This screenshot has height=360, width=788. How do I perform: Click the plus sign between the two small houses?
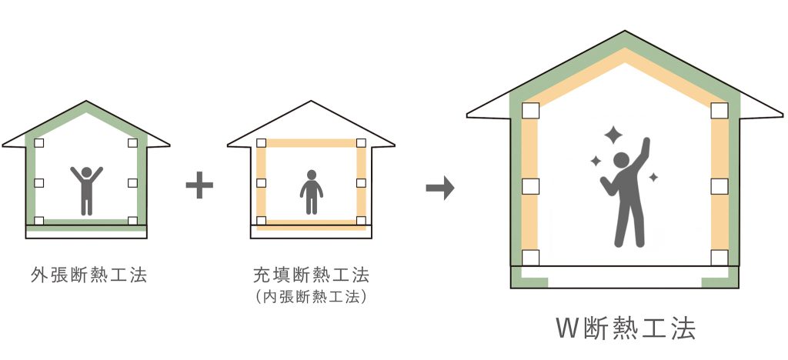click(199, 185)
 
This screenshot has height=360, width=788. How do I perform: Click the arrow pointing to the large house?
click(440, 188)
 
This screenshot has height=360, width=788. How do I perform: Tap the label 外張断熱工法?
click(88, 275)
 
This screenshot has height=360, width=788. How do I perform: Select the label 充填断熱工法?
click(312, 275)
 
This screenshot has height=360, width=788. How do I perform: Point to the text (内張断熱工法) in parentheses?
click(312, 297)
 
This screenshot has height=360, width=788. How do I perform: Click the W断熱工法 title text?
click(626, 328)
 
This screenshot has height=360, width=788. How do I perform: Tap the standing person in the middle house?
click(312, 192)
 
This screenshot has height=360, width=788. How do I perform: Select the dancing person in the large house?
click(625, 193)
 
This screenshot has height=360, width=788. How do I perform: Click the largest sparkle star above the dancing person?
click(613, 135)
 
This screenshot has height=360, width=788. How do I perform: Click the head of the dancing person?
click(621, 160)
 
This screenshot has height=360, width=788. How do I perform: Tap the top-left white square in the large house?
click(530, 111)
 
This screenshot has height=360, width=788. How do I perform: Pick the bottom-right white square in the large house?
click(720, 258)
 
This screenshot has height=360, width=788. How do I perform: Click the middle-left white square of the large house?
click(530, 186)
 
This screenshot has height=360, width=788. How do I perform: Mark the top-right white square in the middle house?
click(361, 143)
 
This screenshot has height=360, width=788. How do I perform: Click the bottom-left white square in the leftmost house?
click(38, 221)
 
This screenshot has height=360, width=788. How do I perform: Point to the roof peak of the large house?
click(625, 31)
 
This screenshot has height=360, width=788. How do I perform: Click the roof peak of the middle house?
click(312, 102)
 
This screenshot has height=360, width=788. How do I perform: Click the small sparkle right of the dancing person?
click(653, 177)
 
